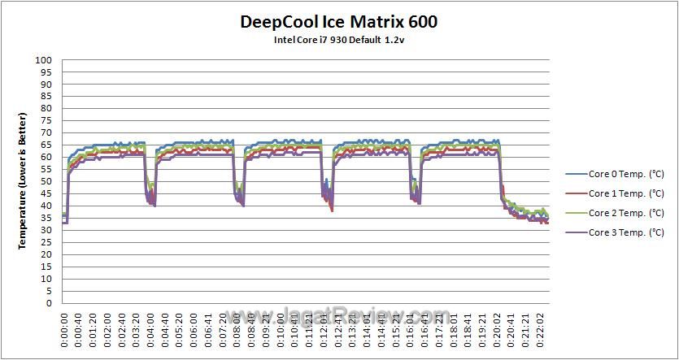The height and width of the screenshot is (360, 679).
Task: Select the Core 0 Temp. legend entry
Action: pyautogui.click(x=616, y=174)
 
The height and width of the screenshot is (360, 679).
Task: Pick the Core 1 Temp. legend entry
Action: pyautogui.click(x=616, y=193)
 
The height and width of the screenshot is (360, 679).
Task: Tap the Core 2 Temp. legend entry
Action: pyautogui.click(x=616, y=213)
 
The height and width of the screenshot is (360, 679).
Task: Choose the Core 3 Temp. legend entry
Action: pyautogui.click(x=616, y=232)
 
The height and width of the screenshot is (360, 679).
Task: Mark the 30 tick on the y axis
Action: pyautogui.click(x=47, y=231)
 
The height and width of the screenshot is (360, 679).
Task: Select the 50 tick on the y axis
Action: pyautogui.click(x=47, y=182)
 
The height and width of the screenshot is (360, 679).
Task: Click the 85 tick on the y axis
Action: pyautogui.click(x=47, y=97)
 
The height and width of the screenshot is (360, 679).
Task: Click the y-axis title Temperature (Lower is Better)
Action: pyautogui.click(x=24, y=182)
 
